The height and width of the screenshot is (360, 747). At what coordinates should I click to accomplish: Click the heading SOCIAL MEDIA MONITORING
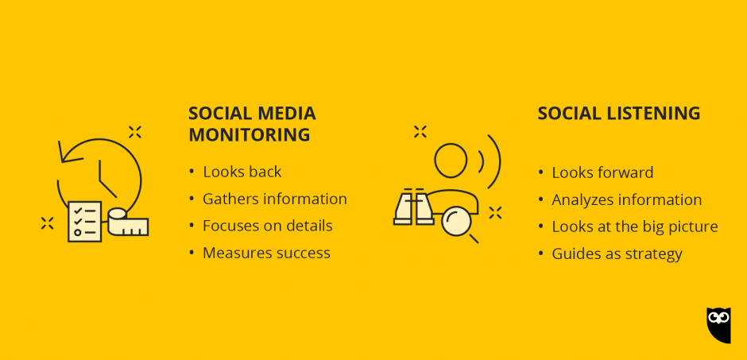click(251, 124)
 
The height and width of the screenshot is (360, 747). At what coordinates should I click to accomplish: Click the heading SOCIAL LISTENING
click(618, 114)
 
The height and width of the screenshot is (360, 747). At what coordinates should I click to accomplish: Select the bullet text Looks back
click(242, 172)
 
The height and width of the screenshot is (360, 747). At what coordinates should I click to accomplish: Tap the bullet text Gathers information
click(274, 199)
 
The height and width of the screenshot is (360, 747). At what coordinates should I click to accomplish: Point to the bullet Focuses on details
click(267, 226)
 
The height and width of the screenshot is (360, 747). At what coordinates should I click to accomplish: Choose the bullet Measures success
click(265, 253)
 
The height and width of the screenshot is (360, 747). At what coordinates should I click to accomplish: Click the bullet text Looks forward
click(602, 172)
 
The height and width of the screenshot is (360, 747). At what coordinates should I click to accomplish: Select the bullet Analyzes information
click(626, 199)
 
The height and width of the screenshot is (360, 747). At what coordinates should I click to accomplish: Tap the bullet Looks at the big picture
click(634, 226)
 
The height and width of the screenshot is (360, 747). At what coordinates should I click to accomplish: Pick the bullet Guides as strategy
click(617, 254)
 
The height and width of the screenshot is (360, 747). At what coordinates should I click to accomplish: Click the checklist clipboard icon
click(84, 221)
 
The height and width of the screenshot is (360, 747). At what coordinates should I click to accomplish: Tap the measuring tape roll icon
click(127, 223)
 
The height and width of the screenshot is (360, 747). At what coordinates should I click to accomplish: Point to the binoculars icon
click(413, 208)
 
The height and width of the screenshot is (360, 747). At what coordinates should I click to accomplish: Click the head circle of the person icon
click(450, 159)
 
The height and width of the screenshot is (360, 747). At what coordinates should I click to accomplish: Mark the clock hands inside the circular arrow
click(104, 180)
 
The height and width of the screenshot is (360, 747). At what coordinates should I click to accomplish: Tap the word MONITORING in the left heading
click(249, 134)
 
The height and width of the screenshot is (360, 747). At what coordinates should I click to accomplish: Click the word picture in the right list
click(691, 226)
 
